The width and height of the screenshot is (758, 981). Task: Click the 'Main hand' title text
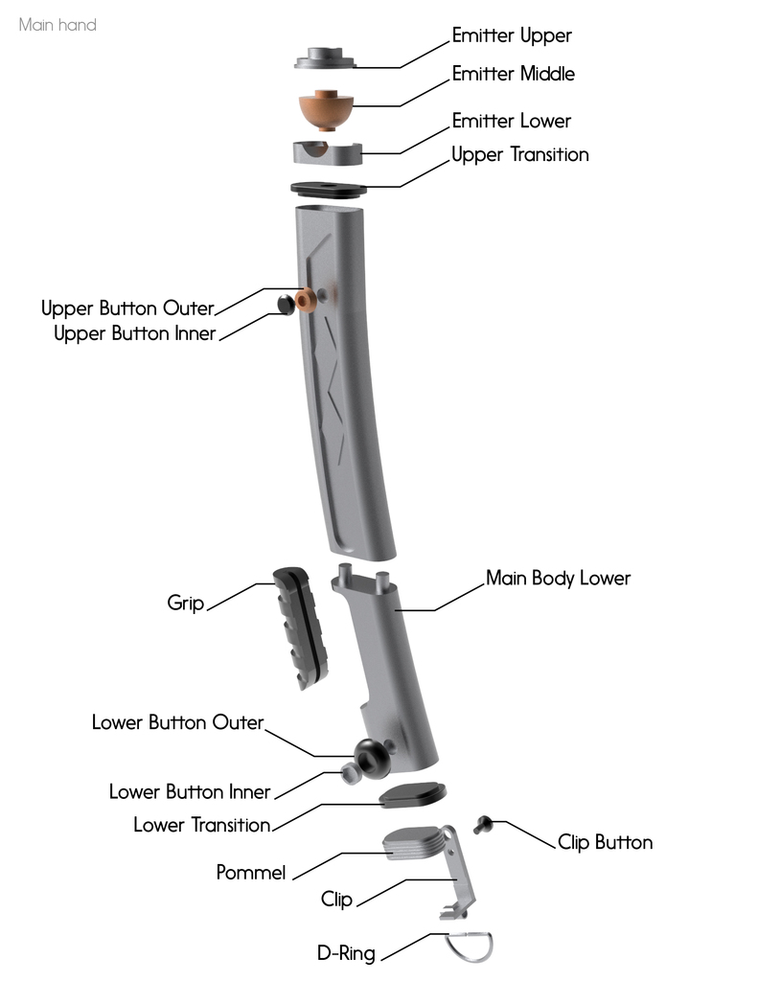(x=57, y=25)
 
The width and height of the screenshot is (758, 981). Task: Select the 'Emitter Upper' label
(x=512, y=36)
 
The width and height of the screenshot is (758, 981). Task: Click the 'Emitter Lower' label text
(x=511, y=121)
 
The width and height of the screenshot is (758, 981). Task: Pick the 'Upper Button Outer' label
(x=126, y=308)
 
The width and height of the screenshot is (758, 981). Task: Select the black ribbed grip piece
(x=301, y=625)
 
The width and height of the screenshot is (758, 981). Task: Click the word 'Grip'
(x=186, y=603)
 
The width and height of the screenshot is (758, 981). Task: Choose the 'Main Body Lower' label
(x=558, y=579)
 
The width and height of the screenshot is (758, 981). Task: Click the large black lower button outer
(x=369, y=758)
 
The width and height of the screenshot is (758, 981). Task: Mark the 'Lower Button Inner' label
(x=190, y=792)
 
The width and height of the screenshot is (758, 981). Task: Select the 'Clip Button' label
(x=605, y=843)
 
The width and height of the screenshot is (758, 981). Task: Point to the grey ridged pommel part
(x=414, y=846)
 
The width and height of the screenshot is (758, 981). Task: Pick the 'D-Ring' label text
(x=346, y=953)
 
